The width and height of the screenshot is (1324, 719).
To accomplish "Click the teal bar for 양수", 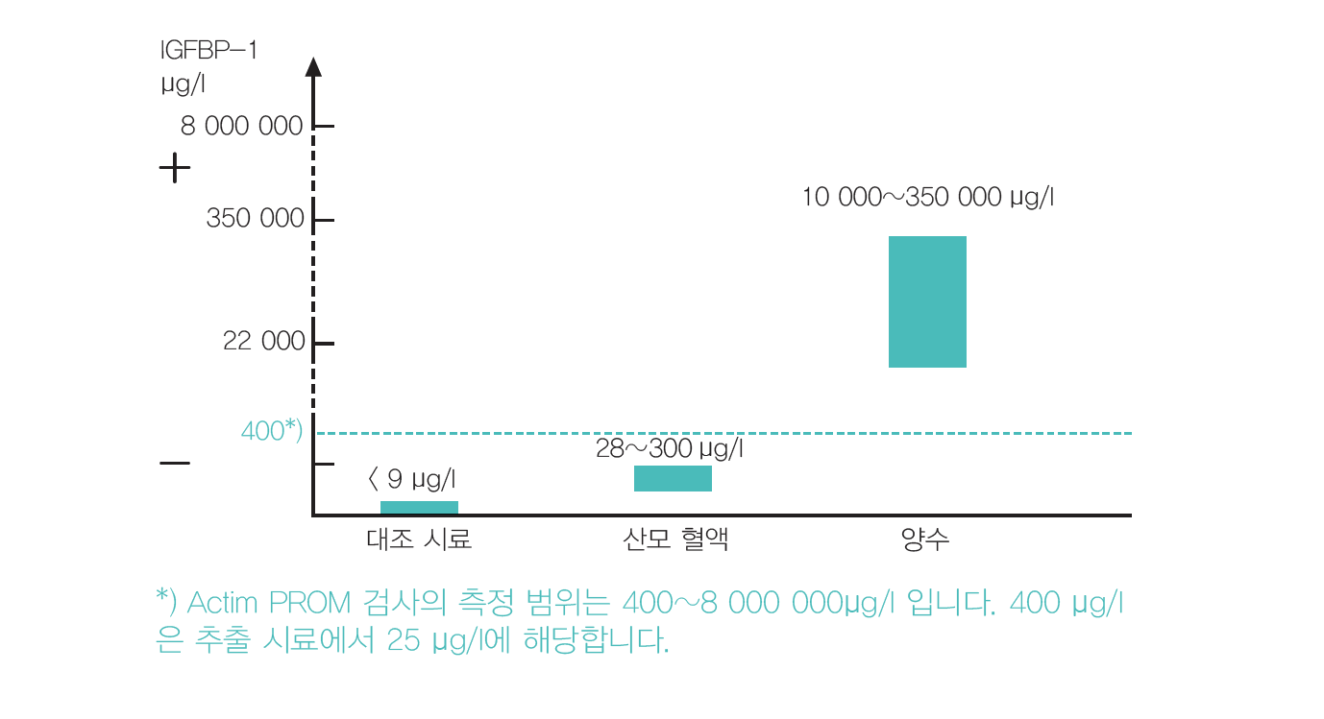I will [x=926, y=301].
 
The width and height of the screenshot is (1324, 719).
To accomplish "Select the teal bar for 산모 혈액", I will [x=673, y=478].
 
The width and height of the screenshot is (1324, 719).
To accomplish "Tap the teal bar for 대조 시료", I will [x=419, y=508].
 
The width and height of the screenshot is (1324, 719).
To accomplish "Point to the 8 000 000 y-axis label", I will [x=241, y=127].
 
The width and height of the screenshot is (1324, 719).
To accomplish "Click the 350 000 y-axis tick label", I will [x=255, y=220].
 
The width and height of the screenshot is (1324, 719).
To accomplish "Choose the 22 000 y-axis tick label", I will [x=263, y=342].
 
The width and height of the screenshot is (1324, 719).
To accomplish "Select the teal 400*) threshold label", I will [x=272, y=432].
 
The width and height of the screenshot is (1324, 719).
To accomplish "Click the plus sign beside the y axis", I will [x=175, y=169].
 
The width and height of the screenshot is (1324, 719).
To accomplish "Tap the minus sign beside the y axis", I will [x=175, y=464].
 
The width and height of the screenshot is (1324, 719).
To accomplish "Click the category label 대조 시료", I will [x=419, y=539].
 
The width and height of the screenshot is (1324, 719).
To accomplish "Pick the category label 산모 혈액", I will [x=674, y=539].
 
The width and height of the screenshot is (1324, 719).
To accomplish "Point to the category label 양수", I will [x=925, y=539].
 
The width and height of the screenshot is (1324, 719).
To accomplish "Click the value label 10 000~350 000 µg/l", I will [x=928, y=198].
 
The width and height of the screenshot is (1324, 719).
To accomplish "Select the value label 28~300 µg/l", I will [x=670, y=448].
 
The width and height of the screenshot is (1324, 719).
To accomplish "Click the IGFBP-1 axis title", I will [x=208, y=50].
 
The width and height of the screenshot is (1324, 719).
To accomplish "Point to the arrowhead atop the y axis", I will [x=313, y=66].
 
